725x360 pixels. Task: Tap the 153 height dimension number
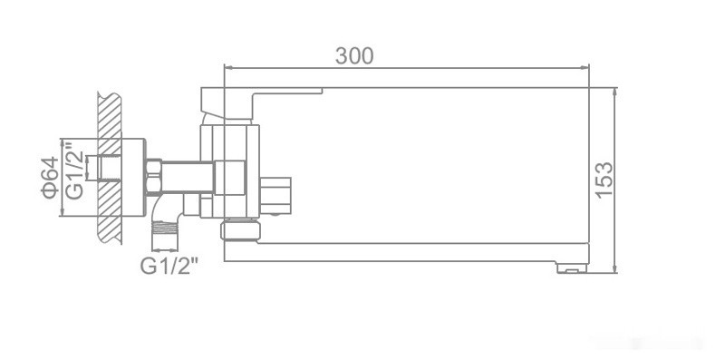[x=604, y=180]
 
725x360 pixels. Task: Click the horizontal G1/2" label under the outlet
[x=169, y=266]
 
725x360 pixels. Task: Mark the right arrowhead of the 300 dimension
[x=584, y=67]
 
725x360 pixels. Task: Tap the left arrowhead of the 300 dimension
[x=228, y=67]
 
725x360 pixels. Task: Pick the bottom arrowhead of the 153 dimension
[x=616, y=268]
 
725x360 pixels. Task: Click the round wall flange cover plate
[x=132, y=178]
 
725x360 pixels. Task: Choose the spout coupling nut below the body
[x=240, y=229]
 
